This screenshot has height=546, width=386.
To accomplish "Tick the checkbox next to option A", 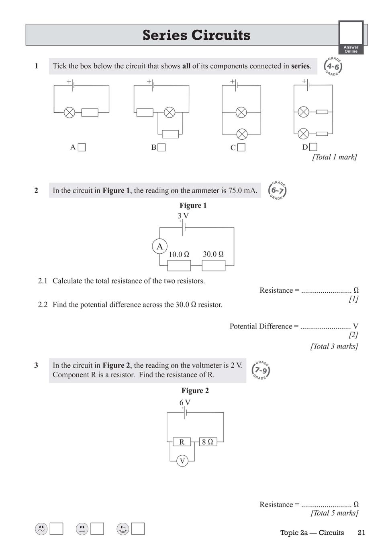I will pyautogui.click(x=82, y=147).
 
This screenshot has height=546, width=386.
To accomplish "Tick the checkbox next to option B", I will pyautogui.click(x=161, y=148).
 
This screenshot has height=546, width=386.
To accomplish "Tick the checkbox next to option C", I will pyautogui.click(x=241, y=148).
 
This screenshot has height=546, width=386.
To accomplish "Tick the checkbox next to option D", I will pyautogui.click(x=313, y=147).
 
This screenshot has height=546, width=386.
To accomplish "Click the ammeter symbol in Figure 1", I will pyautogui.click(x=159, y=246).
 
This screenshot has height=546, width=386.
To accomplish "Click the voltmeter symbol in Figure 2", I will pyautogui.click(x=182, y=460).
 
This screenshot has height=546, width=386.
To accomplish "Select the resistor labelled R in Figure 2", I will pyautogui.click(x=182, y=442).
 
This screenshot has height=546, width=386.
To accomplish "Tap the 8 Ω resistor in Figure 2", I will pyautogui.click(x=208, y=442).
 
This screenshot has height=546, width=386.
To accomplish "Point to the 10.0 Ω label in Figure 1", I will pyautogui.click(x=179, y=255).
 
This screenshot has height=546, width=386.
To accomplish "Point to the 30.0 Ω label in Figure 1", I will pyautogui.click(x=213, y=254).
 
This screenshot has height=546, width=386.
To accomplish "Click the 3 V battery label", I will pyautogui.click(x=183, y=216).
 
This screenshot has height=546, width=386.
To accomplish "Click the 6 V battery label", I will pyautogui.click(x=185, y=402).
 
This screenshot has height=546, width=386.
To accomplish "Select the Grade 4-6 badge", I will pyautogui.click(x=333, y=67).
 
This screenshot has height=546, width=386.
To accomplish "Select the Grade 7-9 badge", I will pyautogui.click(x=261, y=370).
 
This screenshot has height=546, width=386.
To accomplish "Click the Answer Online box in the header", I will pyautogui.click(x=351, y=37).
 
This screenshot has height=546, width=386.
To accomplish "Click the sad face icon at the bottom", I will pyautogui.click(x=41, y=529).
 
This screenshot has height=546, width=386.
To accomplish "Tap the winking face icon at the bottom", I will pyautogui.click(x=123, y=529).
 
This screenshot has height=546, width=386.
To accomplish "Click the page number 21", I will pyautogui.click(x=361, y=533).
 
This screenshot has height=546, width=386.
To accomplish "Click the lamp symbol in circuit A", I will pyautogui.click(x=69, y=113).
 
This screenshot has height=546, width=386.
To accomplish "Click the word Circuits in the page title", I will pyautogui.click(x=221, y=35).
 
